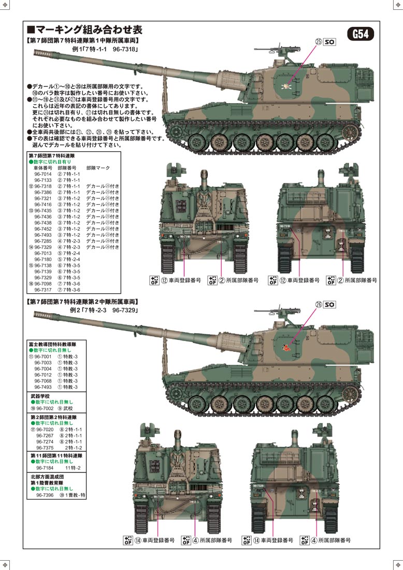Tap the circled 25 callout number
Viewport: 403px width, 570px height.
[x=318, y=41]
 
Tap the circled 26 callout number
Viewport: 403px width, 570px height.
[x=318, y=305]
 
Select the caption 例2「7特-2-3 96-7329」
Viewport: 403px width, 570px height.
[x=103, y=310]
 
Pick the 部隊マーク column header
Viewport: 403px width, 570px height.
[x=98, y=168]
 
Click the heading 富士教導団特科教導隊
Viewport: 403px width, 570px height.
[x=53, y=344]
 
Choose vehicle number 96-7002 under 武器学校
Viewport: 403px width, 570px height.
[x=44, y=409]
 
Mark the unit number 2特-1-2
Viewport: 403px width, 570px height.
[x=74, y=448]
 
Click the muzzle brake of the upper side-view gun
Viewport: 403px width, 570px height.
[x=38, y=52]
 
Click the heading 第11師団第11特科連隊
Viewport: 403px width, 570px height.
[x=56, y=455]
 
